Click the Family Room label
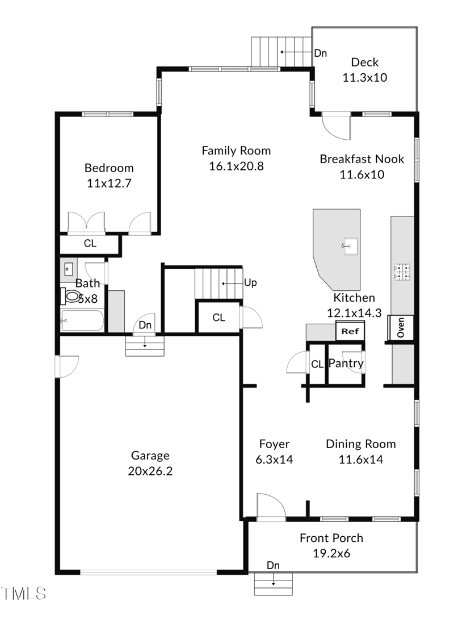(236, 151)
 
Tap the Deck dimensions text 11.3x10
(364, 77)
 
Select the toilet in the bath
(71, 296)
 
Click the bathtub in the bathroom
(83, 320)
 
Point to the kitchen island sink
(348, 246)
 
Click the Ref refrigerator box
(350, 330)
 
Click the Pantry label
(346, 364)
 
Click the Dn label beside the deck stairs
(321, 53)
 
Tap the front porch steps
(273, 584)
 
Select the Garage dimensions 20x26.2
(150, 470)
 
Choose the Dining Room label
(360, 444)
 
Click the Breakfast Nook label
(361, 159)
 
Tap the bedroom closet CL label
(90, 244)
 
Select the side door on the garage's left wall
(66, 366)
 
